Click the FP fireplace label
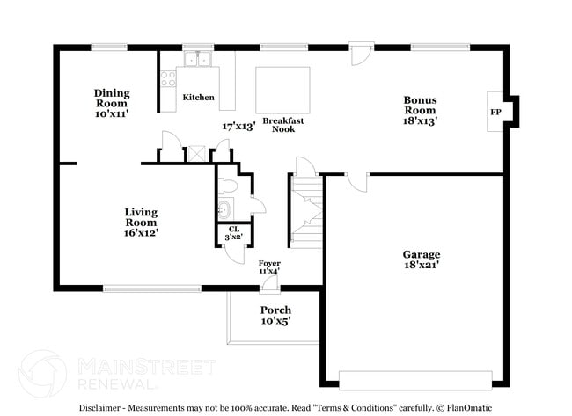point(495,113)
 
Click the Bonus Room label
point(420,105)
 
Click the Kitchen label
point(198,98)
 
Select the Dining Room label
point(112,98)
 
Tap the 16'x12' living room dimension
point(141,233)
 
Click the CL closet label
point(234,229)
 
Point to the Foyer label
point(269,263)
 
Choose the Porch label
point(275,310)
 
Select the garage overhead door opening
point(415,380)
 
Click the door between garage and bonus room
point(356,180)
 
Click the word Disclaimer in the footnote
point(104,408)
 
